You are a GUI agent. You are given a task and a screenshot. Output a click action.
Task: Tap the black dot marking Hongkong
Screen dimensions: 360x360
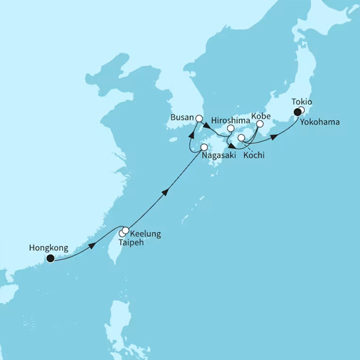(x=50, y=258)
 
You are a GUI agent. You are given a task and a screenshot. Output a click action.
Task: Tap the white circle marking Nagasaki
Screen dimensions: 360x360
(x=204, y=147)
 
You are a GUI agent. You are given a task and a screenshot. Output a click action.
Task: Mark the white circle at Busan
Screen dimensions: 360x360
(x=199, y=119)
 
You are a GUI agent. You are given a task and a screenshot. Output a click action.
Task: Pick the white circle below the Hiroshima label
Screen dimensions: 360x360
(x=231, y=129)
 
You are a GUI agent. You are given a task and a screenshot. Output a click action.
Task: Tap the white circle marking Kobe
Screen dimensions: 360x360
(x=259, y=124)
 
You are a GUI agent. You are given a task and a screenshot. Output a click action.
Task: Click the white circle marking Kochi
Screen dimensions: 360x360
(x=242, y=139)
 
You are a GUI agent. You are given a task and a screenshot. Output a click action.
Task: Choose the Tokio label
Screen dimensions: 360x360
(x=302, y=102)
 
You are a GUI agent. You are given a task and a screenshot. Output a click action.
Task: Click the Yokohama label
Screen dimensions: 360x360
(x=319, y=122)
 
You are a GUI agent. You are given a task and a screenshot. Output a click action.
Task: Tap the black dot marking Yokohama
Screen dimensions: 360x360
(x=297, y=112)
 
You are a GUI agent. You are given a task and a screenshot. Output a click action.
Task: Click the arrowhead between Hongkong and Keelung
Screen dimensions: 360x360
(x=93, y=245)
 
